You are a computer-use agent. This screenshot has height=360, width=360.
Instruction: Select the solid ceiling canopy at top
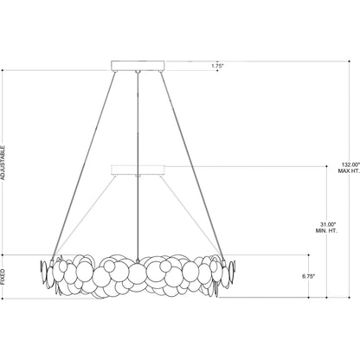[x=138, y=63]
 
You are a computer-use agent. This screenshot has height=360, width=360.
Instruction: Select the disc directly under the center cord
[x=138, y=274]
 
